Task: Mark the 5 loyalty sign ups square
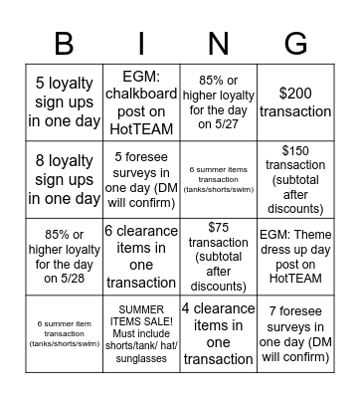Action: (x=65, y=101)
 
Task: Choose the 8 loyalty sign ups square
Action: (x=65, y=179)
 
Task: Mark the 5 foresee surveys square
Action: (x=142, y=179)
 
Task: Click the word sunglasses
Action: (x=142, y=360)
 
